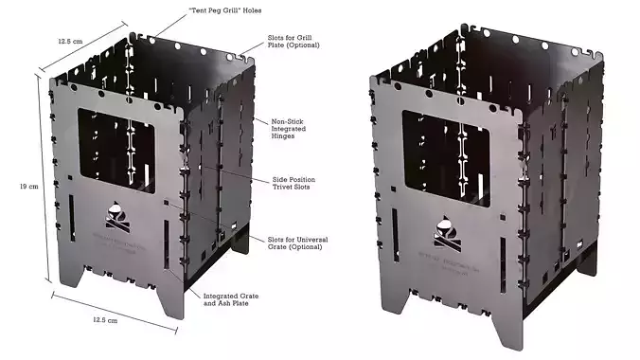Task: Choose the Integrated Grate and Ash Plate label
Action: pyautogui.click(x=233, y=301)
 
